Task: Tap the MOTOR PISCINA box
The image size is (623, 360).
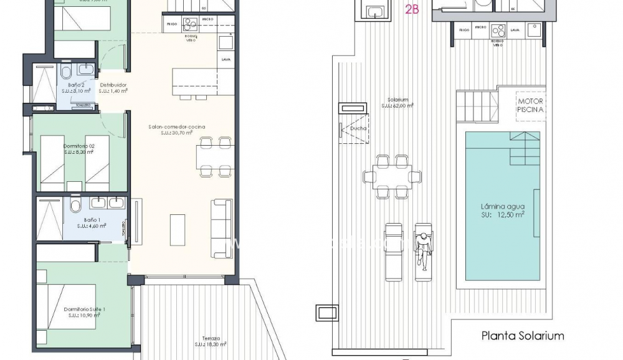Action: [530, 105]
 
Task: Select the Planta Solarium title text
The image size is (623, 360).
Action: [523, 336]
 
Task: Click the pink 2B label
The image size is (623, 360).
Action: [411, 9]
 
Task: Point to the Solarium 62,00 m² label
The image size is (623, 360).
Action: [397, 103]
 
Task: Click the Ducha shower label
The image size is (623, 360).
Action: [358, 129]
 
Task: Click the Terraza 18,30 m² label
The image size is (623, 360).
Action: [209, 341]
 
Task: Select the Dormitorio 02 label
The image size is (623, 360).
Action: [78, 148]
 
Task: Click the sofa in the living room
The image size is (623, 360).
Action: [222, 228]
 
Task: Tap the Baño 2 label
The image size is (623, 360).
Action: [74, 87]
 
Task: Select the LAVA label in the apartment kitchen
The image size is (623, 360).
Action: [226, 60]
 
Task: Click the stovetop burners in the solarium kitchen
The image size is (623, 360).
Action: [498, 30]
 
